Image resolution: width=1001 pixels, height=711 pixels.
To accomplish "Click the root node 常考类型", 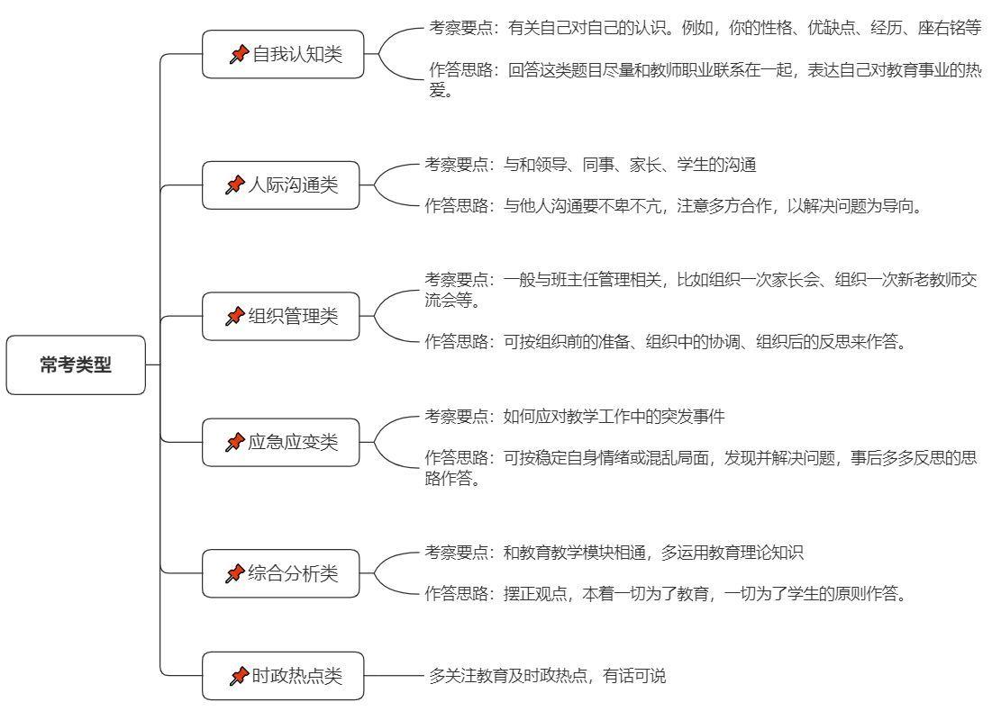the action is tap(76, 364).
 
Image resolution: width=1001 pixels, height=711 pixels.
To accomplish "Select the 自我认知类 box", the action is tap(283, 54).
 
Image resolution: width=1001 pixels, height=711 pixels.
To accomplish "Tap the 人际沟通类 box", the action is tap(281, 184).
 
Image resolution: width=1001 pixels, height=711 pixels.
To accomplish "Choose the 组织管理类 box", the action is tap(281, 316).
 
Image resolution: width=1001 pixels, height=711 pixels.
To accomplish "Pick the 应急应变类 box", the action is tap(281, 442).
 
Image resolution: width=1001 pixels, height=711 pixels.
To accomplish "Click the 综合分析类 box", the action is tap(281, 573).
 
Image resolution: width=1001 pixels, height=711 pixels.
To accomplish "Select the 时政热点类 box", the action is tap(283, 676).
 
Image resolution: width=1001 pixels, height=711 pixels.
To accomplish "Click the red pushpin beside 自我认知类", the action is tap(239, 54).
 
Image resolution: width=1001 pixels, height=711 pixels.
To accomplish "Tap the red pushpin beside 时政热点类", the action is tap(239, 676).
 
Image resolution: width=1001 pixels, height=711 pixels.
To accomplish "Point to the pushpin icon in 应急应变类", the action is tap(235, 442).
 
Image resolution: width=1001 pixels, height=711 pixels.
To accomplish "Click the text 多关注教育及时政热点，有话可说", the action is tap(547, 676).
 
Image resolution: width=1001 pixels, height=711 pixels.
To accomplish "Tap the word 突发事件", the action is tap(693, 417).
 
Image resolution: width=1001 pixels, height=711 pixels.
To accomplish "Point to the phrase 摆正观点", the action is tap(535, 594).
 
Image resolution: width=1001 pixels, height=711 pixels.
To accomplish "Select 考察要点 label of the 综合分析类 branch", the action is tap(457, 553).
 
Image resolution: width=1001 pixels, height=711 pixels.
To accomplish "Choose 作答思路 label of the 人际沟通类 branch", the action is tap(457, 206).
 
